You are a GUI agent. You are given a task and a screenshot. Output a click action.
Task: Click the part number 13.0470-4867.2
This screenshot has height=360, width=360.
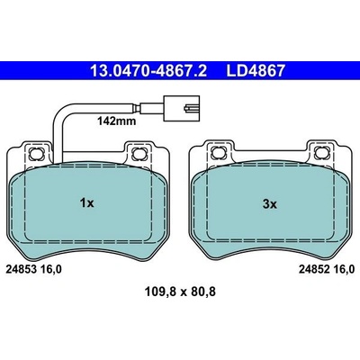(148, 71)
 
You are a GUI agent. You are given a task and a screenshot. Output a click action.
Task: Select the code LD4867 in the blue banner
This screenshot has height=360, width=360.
(256, 71)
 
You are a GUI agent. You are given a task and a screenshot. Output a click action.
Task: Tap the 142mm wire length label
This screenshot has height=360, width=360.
(116, 121)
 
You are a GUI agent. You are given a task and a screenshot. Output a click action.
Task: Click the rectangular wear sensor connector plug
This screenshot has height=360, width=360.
(181, 108)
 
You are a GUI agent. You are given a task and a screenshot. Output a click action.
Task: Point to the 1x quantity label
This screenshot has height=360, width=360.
(86, 203)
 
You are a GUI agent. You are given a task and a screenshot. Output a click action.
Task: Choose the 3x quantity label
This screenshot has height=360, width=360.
(270, 204)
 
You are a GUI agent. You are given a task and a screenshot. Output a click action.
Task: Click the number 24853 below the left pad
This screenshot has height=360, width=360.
(21, 269)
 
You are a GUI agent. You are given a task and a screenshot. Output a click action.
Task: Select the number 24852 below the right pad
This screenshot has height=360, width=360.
(313, 269)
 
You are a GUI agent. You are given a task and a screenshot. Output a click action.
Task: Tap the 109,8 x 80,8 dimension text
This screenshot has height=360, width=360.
(180, 292)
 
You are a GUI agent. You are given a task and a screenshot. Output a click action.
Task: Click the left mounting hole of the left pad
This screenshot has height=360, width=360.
(37, 154)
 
